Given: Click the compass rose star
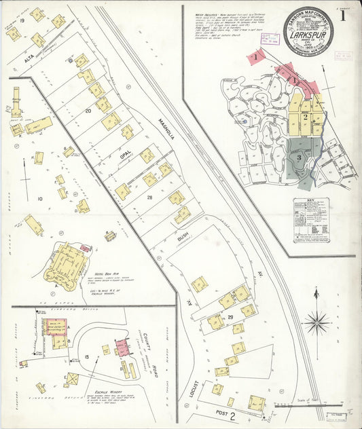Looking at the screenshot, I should pyautogui.click(x=317, y=322).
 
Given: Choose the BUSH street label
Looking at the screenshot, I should pyautogui.click(x=182, y=240).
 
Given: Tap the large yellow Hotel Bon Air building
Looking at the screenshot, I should pyautogui.click(x=66, y=265).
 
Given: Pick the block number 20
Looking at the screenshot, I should pyautogui.click(x=88, y=110).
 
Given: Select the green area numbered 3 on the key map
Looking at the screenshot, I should pyautogui.click(x=298, y=157).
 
